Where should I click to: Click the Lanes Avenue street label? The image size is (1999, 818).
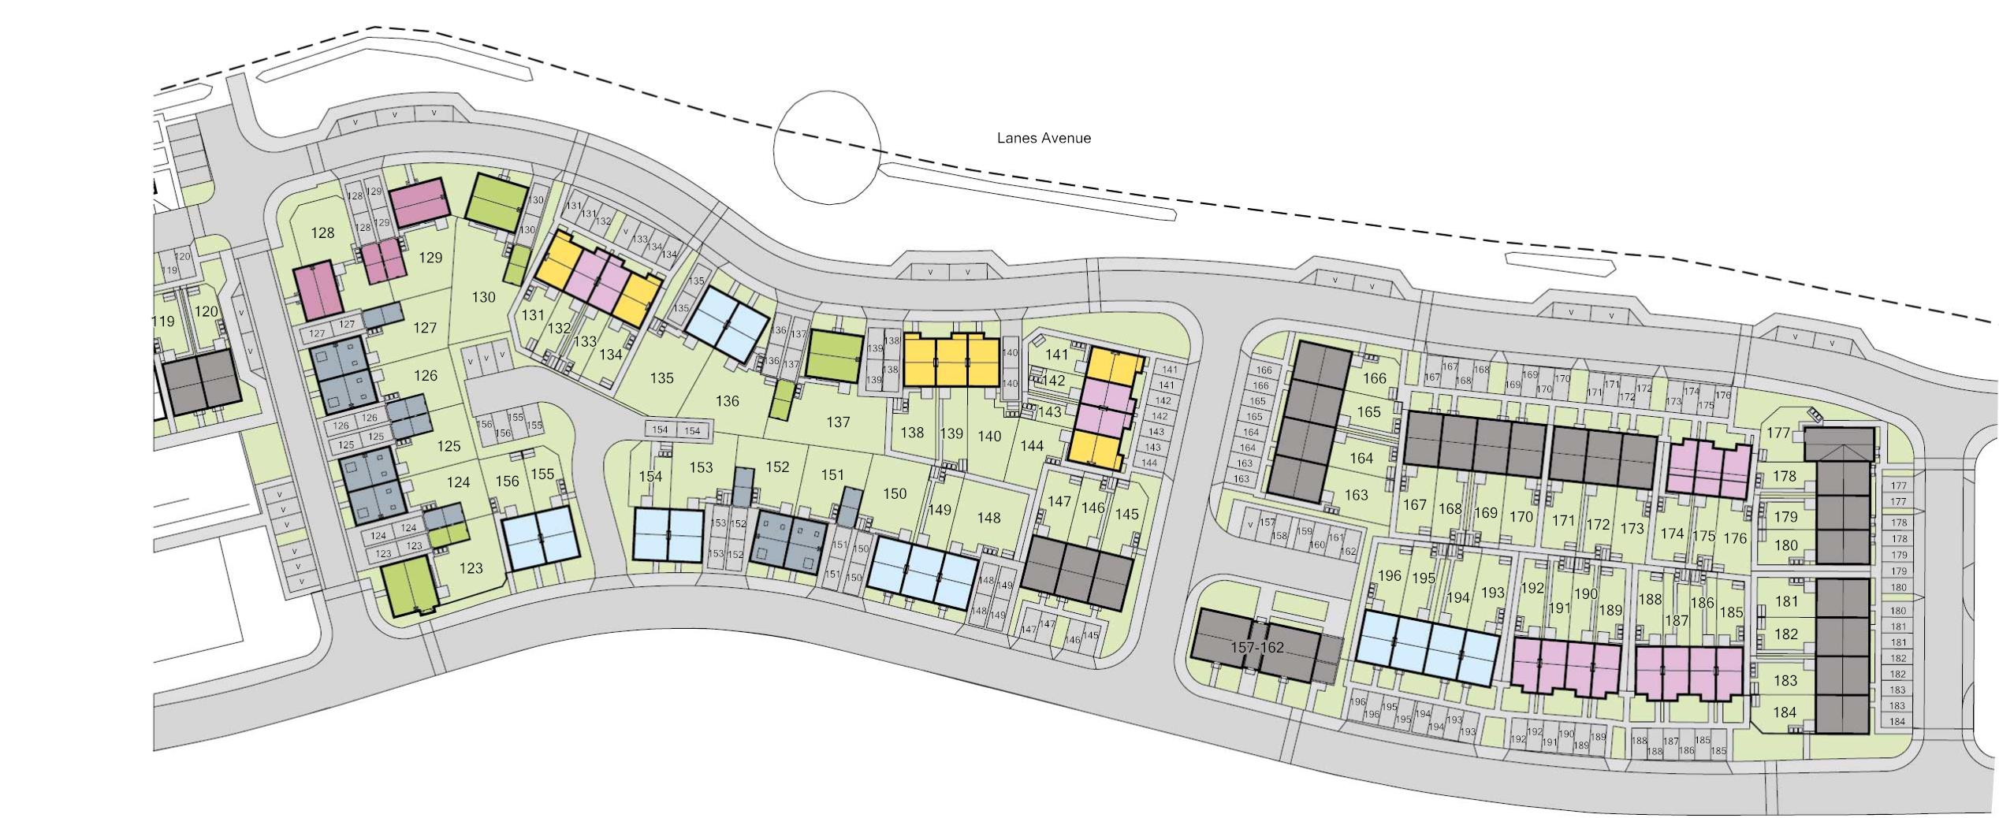coord(1044,138)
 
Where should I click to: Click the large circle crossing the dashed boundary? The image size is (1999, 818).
coord(826,147)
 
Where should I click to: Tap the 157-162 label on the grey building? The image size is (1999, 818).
coord(1257,648)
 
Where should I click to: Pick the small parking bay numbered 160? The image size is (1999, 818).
coord(1317,545)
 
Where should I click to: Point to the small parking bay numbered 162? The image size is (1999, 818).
coord(1349,551)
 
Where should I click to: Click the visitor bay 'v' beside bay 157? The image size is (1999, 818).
coord(1249,525)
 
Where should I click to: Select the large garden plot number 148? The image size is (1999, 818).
coord(988,518)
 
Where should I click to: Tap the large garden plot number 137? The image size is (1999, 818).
coord(838,422)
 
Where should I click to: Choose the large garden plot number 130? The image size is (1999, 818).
coord(483,297)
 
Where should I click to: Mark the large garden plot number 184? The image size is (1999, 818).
coord(1785,712)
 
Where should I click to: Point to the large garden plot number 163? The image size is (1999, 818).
coord(1356,495)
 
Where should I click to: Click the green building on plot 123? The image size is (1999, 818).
coord(409,586)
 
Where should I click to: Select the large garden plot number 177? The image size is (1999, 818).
coord(1778,433)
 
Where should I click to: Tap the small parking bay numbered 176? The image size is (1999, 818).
coord(1723,396)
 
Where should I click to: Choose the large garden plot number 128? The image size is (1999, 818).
coord(322,232)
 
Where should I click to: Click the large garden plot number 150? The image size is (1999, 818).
coord(895,493)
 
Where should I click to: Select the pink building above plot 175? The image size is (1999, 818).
coord(1708,470)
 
